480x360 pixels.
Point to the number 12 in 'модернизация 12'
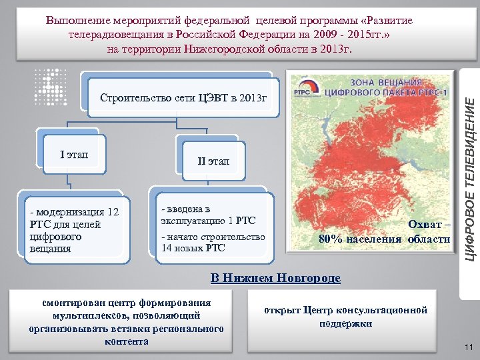click(x=113, y=212)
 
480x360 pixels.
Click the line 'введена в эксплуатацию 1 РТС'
click(x=207, y=215)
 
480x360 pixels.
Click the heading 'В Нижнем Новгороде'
click(x=275, y=277)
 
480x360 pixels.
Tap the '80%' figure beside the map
click(x=332, y=239)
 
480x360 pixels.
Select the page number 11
click(x=467, y=347)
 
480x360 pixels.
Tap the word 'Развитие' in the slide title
click(x=377, y=21)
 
